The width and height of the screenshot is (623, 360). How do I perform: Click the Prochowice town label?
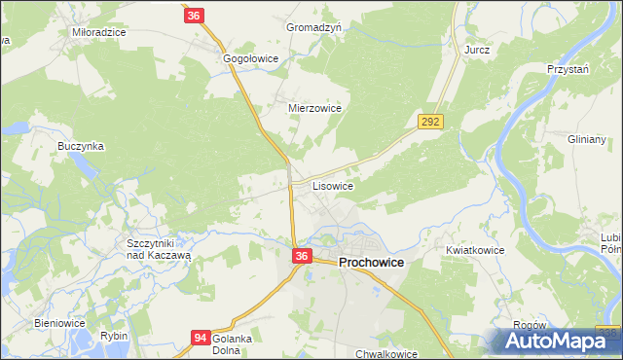pyautogui.click(x=371, y=263)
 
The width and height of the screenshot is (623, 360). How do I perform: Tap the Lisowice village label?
pyautogui.click(x=332, y=184)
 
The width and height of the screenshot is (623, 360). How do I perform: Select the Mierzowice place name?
pyautogui.click(x=314, y=109)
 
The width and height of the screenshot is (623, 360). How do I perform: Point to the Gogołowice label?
pyautogui.click(x=251, y=59)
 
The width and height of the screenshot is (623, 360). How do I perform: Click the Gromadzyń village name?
pyautogui.click(x=313, y=28)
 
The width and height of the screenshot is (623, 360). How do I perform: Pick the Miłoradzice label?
pyautogui.click(x=99, y=32)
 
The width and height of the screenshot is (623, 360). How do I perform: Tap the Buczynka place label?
pyautogui.click(x=81, y=146)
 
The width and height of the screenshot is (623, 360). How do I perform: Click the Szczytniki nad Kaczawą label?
pyautogui.click(x=156, y=247)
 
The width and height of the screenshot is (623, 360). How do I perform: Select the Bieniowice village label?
pyautogui.click(x=60, y=322)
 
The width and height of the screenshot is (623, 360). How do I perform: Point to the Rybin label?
pyautogui.click(x=113, y=336)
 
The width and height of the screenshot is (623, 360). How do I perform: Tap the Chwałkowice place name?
pyautogui.click(x=385, y=354)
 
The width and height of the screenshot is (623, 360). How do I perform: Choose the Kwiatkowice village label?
pyautogui.click(x=475, y=250)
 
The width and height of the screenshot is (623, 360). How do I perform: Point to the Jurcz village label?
pyautogui.click(x=477, y=50)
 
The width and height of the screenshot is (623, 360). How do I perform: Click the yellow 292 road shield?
pyautogui.click(x=431, y=122)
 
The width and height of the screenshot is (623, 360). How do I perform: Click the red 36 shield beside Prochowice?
pyautogui.click(x=302, y=256)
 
